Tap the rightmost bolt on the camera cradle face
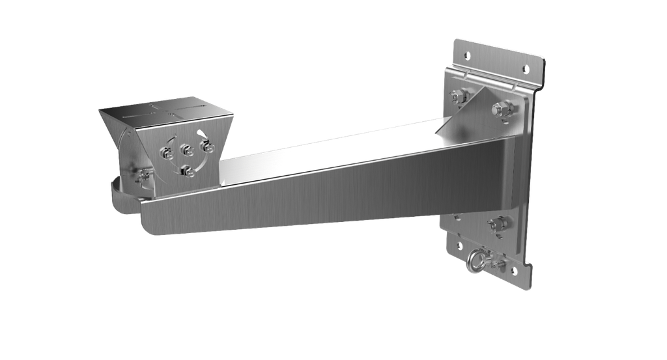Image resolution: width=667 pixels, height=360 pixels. [208, 147]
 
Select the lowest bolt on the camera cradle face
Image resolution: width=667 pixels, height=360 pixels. [189, 171]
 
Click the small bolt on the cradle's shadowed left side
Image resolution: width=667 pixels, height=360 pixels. [143, 174]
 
